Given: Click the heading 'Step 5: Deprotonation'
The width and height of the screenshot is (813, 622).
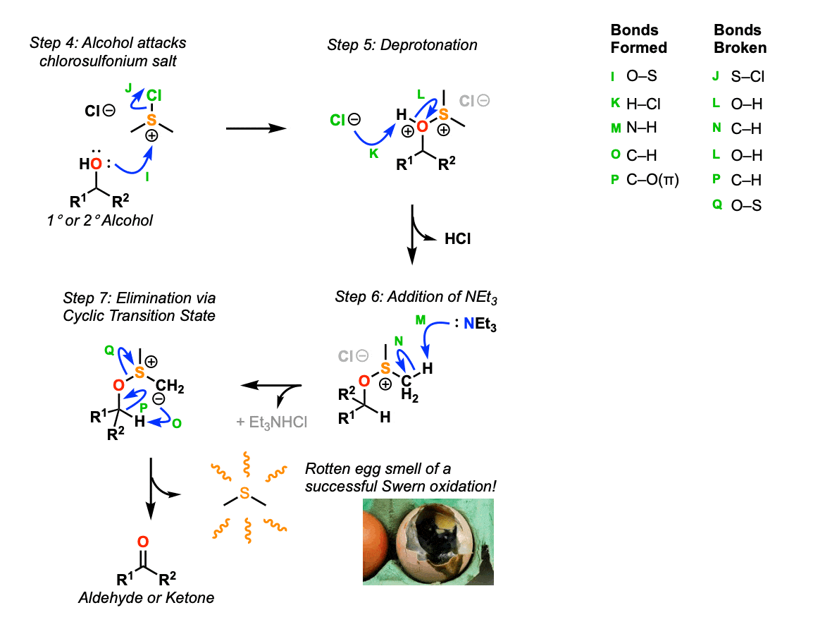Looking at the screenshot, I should [x=402, y=45].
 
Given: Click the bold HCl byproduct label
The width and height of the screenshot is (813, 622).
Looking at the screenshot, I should [x=457, y=239].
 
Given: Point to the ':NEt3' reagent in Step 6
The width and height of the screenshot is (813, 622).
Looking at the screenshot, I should [x=473, y=325].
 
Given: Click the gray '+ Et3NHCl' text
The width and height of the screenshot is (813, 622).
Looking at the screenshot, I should [x=273, y=422].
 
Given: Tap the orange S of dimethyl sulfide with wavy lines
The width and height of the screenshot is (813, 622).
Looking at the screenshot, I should [x=244, y=494].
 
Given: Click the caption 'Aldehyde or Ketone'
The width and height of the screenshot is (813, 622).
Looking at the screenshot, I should [x=146, y=598].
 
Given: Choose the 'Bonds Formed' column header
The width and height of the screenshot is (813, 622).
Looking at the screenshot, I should [x=638, y=39].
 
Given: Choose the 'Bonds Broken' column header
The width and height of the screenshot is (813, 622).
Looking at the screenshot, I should [x=740, y=39].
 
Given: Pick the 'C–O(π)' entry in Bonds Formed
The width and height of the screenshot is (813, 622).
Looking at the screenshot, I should [x=652, y=181].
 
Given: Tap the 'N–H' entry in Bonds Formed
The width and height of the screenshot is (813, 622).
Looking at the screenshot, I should [x=641, y=129].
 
